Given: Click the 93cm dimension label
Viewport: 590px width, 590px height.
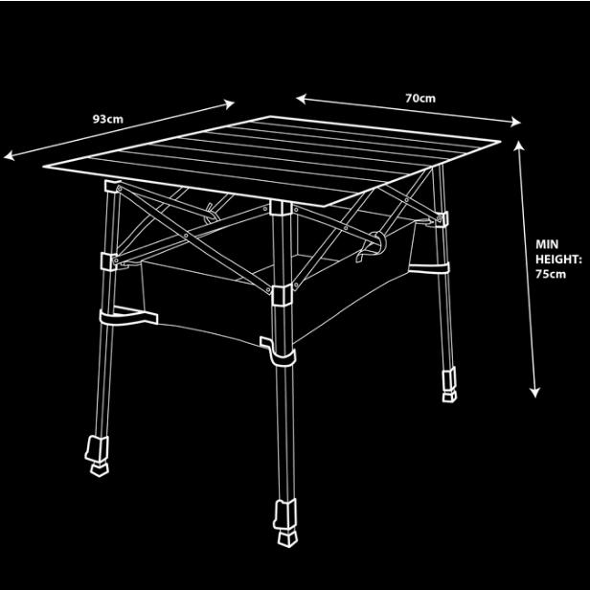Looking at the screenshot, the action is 107,119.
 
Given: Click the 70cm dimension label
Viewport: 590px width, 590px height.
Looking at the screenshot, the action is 420,98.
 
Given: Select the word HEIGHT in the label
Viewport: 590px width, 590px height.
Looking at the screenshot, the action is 558,259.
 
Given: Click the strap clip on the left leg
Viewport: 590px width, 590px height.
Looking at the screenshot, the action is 125,316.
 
